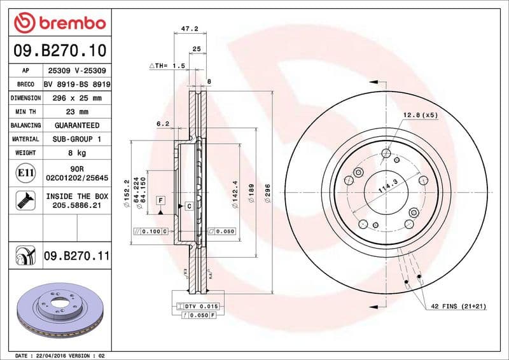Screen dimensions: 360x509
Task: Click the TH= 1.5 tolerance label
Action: (x=167, y=66)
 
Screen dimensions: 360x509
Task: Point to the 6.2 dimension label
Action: (x=162, y=124)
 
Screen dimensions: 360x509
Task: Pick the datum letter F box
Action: (x=161, y=200)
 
